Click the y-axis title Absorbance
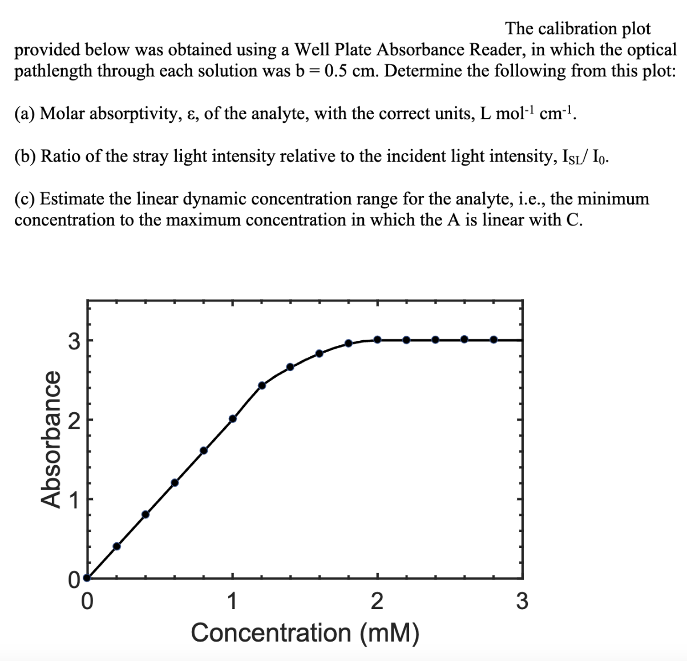pos(50,438)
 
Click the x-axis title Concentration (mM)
pos(305,632)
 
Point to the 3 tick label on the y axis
pos(73,341)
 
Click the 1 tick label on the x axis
pos(232,601)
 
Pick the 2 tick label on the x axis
pos(377,601)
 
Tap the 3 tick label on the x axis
pos(522,601)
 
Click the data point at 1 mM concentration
pos(232,419)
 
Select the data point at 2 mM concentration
pos(377,340)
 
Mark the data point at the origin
pos(87,578)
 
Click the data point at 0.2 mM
pos(116,546)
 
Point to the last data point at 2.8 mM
pos(494,340)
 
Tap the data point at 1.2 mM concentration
pos(262,385)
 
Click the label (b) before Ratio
pos(26,156)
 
